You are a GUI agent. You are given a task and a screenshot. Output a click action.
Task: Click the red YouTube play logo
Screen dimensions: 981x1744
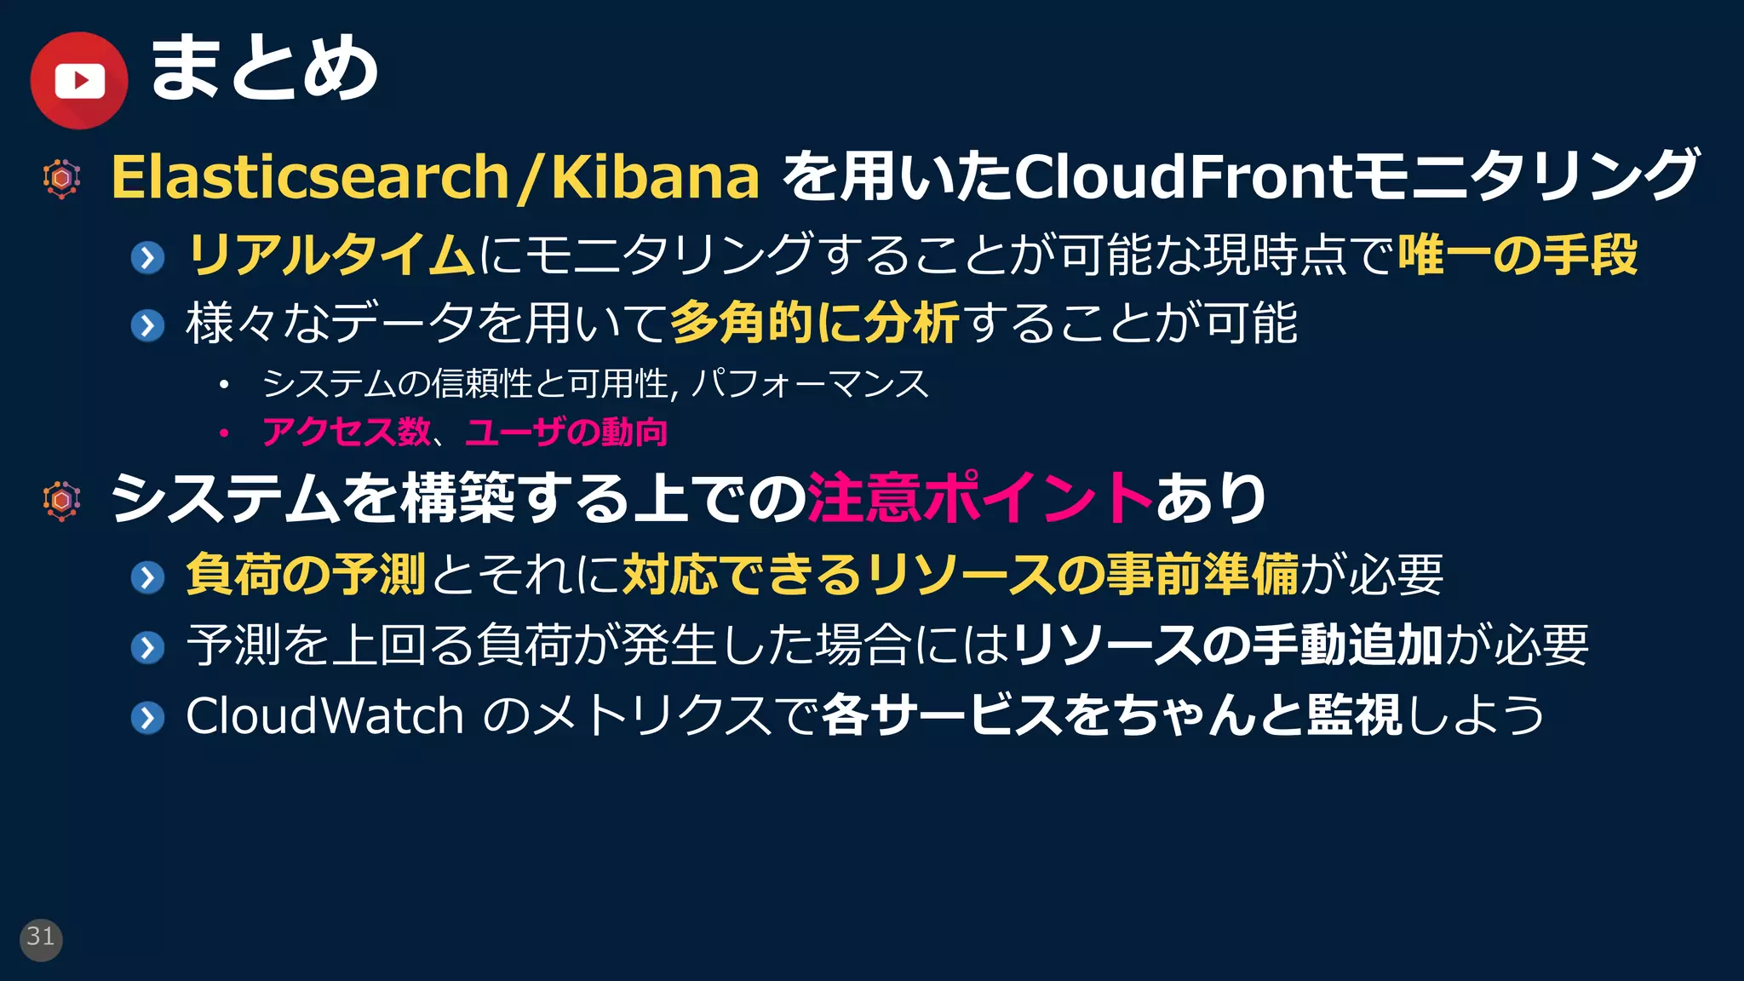tap(79, 81)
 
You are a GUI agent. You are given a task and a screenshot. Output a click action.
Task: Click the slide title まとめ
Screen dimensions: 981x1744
tap(264, 68)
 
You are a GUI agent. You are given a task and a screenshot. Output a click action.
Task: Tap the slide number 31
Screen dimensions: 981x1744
tap(41, 938)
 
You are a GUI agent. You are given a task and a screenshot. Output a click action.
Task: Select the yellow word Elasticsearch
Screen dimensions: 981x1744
tap(310, 176)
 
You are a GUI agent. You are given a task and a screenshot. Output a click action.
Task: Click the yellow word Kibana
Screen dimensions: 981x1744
tap(655, 176)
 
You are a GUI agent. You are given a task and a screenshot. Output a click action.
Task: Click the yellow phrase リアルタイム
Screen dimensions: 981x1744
tap(330, 255)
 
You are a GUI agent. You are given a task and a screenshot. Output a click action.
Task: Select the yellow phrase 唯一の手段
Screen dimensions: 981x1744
tap(1517, 255)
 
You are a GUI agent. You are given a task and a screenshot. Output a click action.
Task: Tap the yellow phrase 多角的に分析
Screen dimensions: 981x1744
tap(815, 324)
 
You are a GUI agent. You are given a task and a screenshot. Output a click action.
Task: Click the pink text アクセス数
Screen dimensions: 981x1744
tap(346, 432)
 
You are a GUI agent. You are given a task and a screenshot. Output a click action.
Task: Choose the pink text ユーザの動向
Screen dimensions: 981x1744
tap(566, 432)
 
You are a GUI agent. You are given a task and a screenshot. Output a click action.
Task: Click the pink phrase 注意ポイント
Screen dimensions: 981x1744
tap(980, 498)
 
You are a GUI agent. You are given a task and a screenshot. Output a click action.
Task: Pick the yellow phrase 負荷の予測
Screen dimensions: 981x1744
tap(306, 574)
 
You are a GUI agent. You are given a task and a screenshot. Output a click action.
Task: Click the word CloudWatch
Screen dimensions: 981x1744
tap(324, 715)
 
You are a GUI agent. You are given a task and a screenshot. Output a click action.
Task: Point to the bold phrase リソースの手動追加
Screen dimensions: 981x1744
tap(1227, 645)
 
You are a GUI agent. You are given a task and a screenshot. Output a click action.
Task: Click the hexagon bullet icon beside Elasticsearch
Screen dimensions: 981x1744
tap(62, 179)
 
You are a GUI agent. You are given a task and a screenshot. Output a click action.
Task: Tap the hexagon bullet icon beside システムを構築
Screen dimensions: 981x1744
tap(62, 501)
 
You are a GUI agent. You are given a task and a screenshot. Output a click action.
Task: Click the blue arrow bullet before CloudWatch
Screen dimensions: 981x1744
tap(148, 717)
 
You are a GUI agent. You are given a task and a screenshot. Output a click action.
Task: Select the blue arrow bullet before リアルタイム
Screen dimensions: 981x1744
tap(148, 256)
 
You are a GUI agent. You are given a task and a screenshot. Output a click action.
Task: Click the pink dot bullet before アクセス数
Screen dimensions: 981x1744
tap(224, 433)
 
